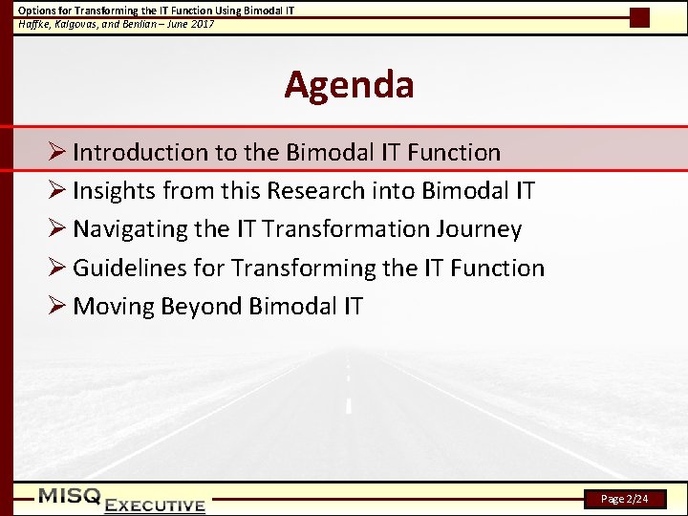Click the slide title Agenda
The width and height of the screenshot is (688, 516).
[x=349, y=85]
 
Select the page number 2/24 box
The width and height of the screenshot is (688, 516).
[x=628, y=499]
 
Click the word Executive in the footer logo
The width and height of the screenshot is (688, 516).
[x=155, y=505]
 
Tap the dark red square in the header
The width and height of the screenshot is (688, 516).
[x=639, y=17]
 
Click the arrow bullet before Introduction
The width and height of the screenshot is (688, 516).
[x=56, y=152]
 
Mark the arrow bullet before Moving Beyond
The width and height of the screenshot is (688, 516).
[x=56, y=307]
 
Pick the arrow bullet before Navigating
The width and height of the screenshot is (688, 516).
[x=56, y=229]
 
